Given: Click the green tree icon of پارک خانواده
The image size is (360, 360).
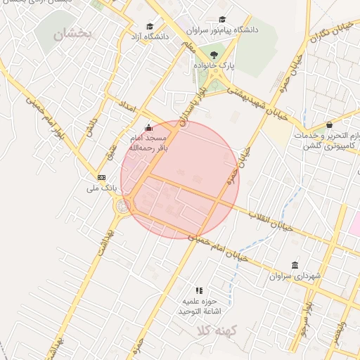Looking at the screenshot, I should point(214,55).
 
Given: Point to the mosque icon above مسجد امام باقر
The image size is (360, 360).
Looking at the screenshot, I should point(148,129).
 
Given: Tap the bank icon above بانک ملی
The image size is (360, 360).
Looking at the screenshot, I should point(102,177).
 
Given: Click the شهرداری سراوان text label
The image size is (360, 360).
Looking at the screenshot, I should point(295,276).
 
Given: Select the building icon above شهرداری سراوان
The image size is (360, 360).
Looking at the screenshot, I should point(295,265).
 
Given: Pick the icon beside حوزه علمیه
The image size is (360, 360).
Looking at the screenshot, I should point(199,290).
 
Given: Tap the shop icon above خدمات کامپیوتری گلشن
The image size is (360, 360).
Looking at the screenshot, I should point(330,124).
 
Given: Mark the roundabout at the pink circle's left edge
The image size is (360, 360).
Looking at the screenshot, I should point(124,205).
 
